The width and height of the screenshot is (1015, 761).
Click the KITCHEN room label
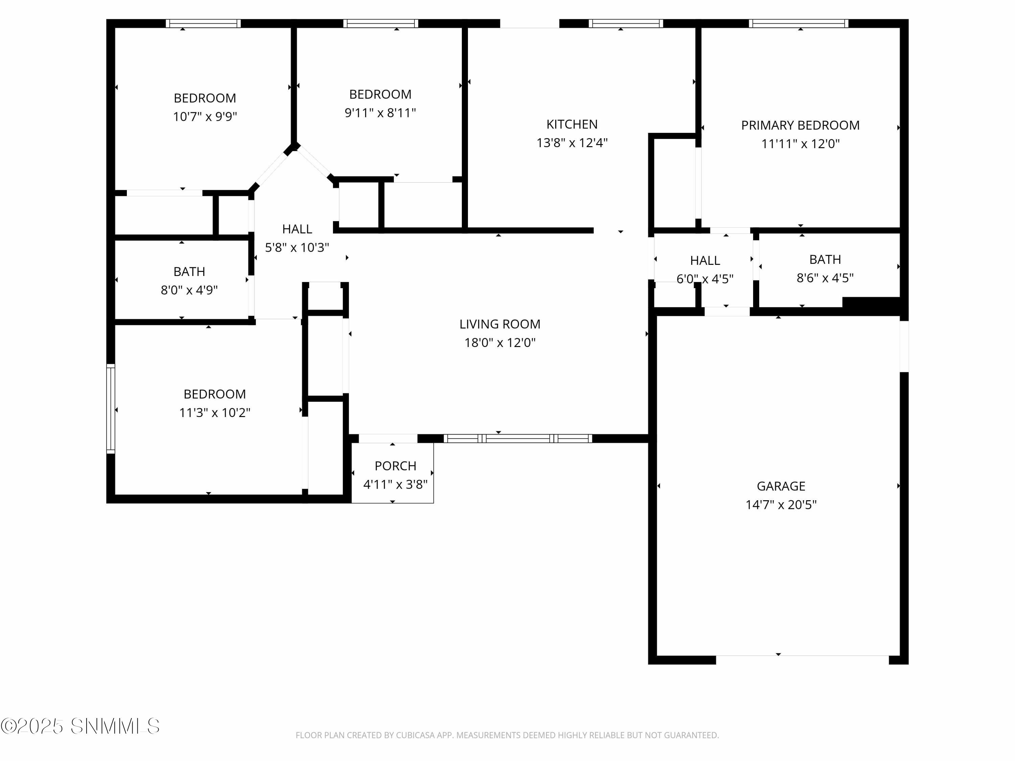tap(572, 124)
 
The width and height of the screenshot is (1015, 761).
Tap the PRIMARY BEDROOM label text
tap(800, 125)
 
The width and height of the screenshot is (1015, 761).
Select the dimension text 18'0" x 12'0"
tap(500, 343)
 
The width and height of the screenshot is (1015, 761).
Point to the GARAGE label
tap(781, 486)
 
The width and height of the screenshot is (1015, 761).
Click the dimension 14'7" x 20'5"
tap(781, 505)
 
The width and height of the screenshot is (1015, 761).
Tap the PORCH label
tap(395, 466)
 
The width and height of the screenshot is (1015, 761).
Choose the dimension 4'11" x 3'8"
tap(395, 484)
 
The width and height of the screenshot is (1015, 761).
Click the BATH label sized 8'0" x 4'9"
tap(189, 272)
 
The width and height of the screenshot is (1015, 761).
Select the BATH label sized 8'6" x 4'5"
tap(825, 260)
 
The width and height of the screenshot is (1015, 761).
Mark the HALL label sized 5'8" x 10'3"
tap(297, 229)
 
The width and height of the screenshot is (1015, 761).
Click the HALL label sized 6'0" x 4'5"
tap(705, 260)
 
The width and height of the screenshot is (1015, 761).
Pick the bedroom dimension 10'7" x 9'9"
tap(205, 116)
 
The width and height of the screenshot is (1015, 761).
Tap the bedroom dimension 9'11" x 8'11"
tap(380, 113)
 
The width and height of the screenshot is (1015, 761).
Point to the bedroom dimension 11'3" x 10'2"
tap(214, 413)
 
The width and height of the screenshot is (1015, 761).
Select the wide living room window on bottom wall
tap(518, 439)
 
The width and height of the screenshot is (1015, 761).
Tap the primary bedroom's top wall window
tap(798, 23)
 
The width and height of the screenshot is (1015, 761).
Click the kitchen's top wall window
tap(626, 23)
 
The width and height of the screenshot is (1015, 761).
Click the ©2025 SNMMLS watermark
tap(80, 726)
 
